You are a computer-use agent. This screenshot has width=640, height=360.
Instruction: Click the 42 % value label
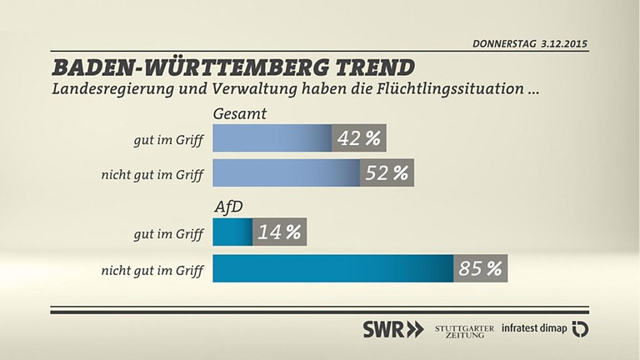tap(360, 138)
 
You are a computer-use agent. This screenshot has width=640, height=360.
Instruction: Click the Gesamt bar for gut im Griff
tap(272, 138)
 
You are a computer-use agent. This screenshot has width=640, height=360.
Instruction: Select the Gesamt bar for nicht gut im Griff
tap(287, 173)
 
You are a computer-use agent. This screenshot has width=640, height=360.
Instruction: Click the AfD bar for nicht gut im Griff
tap(333, 268)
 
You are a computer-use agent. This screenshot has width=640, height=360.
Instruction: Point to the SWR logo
tap(392, 328)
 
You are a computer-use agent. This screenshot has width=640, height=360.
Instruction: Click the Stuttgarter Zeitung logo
tap(465, 328)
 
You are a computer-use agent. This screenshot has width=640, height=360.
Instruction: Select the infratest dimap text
tap(534, 328)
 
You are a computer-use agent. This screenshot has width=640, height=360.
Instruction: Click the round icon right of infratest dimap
tap(580, 328)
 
